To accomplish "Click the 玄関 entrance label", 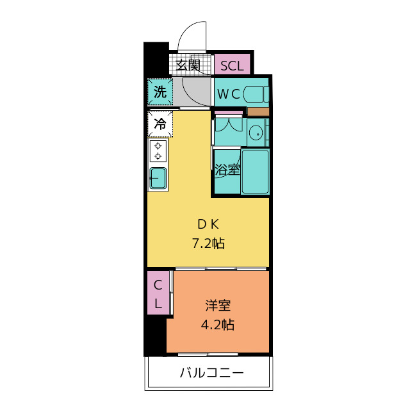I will click(188, 65).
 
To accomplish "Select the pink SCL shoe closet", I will click(232, 65).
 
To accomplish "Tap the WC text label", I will click(229, 94).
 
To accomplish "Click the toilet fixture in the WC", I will click(258, 94).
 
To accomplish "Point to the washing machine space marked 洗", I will click(160, 92).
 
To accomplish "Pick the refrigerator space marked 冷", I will click(160, 124).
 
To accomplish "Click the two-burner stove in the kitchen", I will click(158, 152).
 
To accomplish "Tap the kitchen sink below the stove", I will click(158, 178).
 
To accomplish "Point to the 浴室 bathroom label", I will click(227, 170).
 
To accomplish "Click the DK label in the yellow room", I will click(208, 224).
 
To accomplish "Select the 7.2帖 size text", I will click(208, 243).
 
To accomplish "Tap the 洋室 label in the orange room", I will click(218, 306).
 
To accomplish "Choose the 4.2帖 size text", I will click(218, 325).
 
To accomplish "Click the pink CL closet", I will click(160, 293).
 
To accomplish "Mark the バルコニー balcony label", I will click(211, 373).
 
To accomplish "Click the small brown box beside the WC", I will click(258, 111).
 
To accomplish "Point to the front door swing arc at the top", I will click(192, 35).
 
